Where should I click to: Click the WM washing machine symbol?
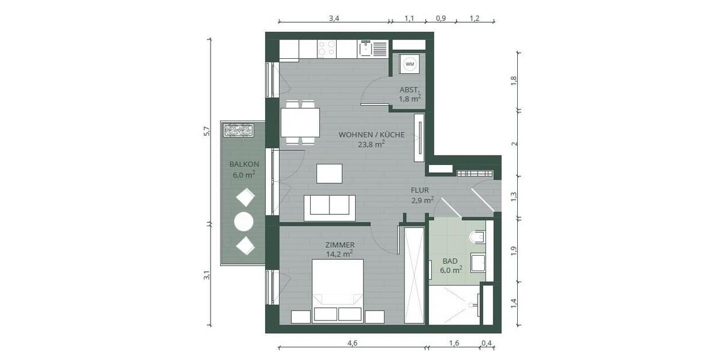pos(410,64)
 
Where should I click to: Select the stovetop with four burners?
pos(327,48)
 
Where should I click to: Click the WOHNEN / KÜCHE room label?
pos(371,135)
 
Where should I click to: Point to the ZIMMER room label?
pos(340,245)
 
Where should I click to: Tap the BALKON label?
pos(244,164)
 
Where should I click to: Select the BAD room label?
pos(450,262)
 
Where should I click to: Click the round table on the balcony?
pos(244,222)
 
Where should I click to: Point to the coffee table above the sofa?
pos(329,173)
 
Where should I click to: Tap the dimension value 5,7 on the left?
pos(206,131)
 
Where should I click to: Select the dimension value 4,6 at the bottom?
pos(352,343)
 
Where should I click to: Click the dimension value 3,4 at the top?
pos(334,19)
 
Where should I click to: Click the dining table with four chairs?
pos(300,123)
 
